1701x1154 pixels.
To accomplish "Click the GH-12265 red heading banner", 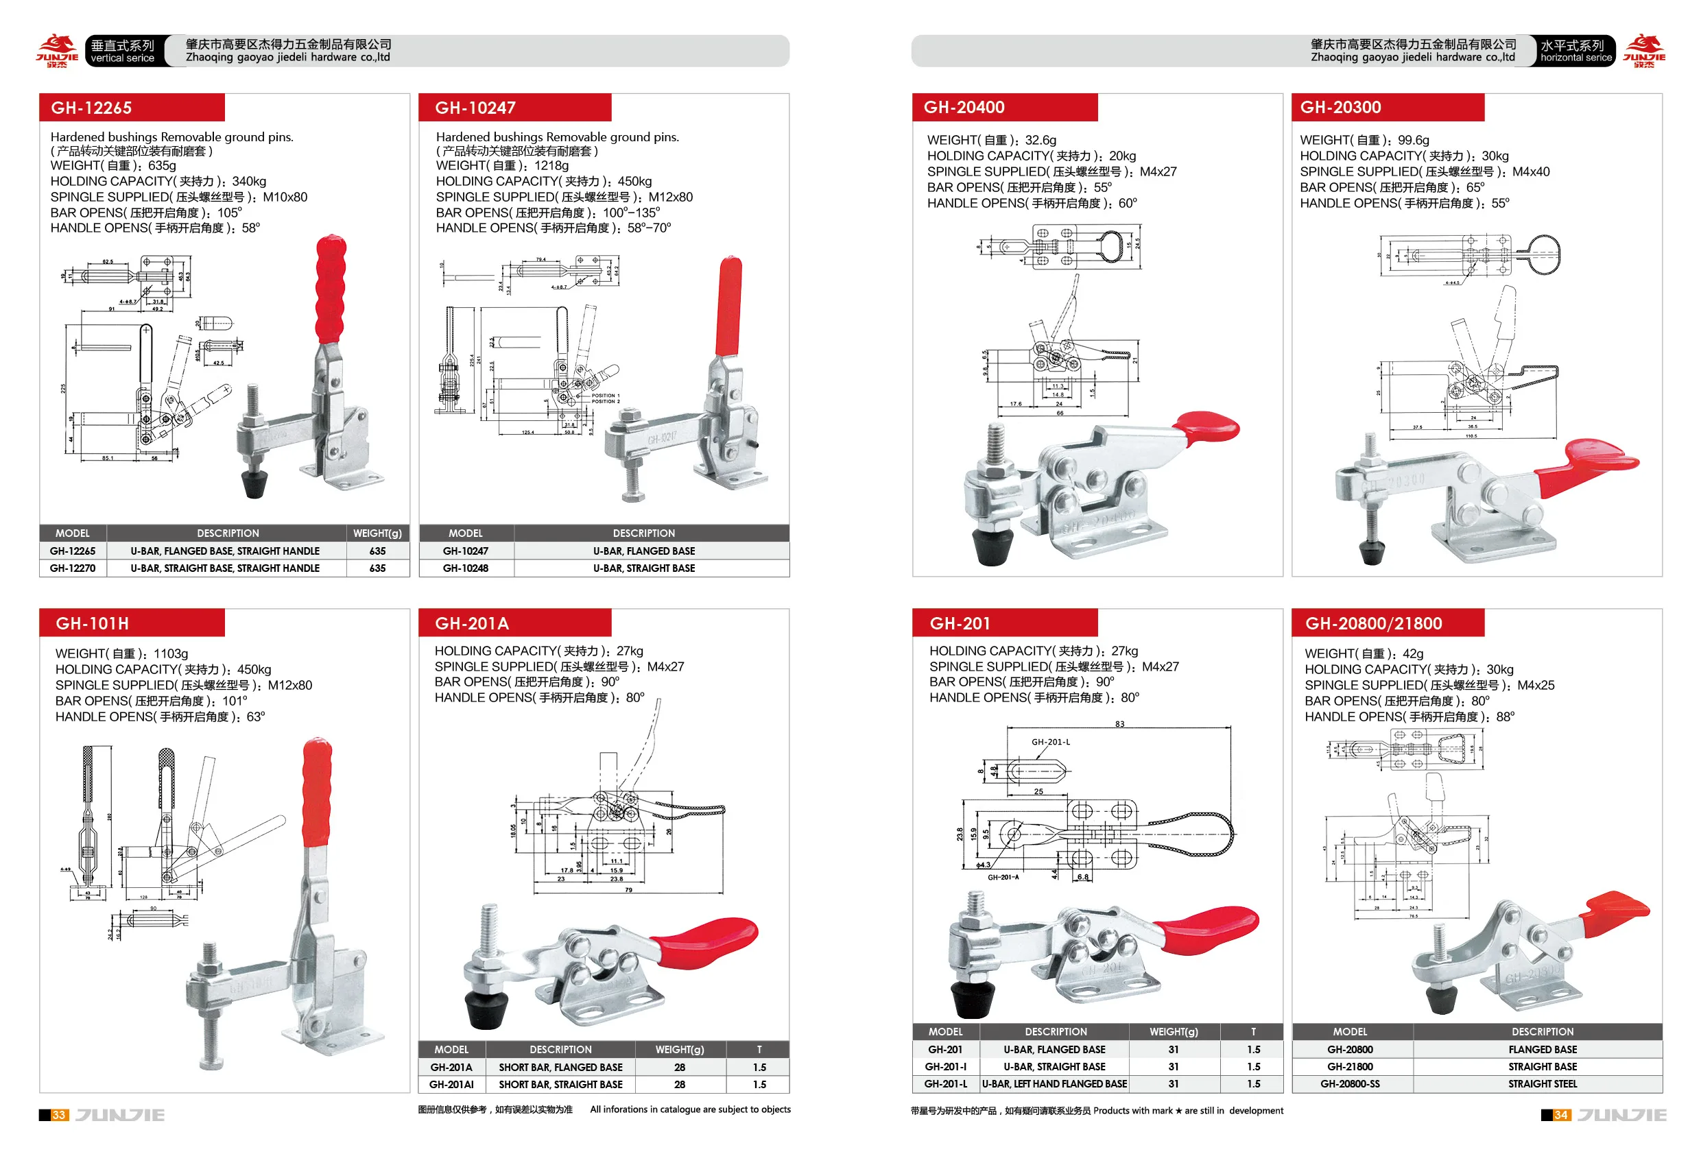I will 132,108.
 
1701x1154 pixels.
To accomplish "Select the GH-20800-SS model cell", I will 1350,1084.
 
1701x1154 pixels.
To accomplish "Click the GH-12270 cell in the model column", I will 73,568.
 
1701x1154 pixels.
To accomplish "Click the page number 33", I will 59,1114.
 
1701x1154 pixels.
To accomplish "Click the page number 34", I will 1561,1114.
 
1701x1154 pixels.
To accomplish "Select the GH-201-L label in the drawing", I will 1050,741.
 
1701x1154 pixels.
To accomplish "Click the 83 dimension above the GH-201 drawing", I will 1120,723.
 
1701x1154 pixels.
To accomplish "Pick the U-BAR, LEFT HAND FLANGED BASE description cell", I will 1055,1084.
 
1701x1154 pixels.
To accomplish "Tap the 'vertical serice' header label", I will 122,58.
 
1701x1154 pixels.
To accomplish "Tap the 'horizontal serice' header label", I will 1576,58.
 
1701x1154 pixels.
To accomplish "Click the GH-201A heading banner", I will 514,623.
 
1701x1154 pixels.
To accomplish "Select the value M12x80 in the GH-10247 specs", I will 669,197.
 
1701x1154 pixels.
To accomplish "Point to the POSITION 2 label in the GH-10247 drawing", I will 606,401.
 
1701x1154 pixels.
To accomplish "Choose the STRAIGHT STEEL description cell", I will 1542,1084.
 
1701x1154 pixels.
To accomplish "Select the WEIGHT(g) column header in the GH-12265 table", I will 377,533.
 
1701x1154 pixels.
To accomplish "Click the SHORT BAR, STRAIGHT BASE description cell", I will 560,1085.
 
